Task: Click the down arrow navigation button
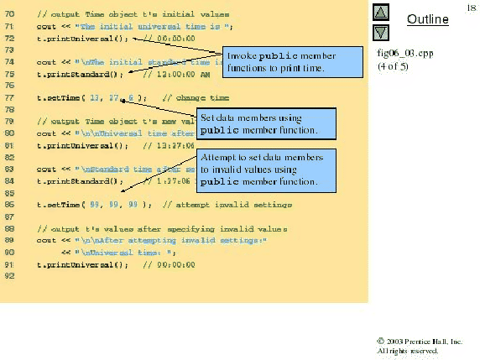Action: (380, 33)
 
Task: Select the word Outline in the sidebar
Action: (426, 19)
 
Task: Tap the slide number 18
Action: (471, 7)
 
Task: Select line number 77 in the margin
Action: (9, 97)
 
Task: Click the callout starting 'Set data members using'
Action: (264, 123)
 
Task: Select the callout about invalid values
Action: (265, 170)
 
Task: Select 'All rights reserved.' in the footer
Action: (407, 351)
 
